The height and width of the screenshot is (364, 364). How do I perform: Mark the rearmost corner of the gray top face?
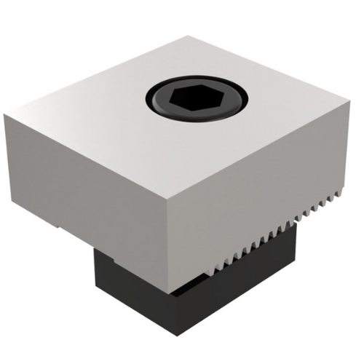(x=191, y=37)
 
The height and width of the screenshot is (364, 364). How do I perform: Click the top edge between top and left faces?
(x=87, y=146)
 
